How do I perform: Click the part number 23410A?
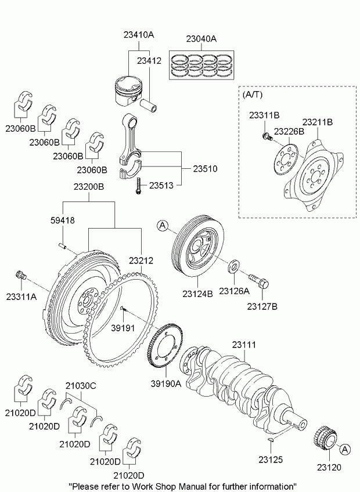point(138,35)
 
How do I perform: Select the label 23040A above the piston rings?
point(201,39)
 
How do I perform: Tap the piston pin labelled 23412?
point(154,108)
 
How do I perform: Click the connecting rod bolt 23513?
point(138,186)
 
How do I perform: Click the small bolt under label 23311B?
point(266,137)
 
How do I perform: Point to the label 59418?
point(63,220)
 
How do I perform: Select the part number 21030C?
point(80,385)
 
